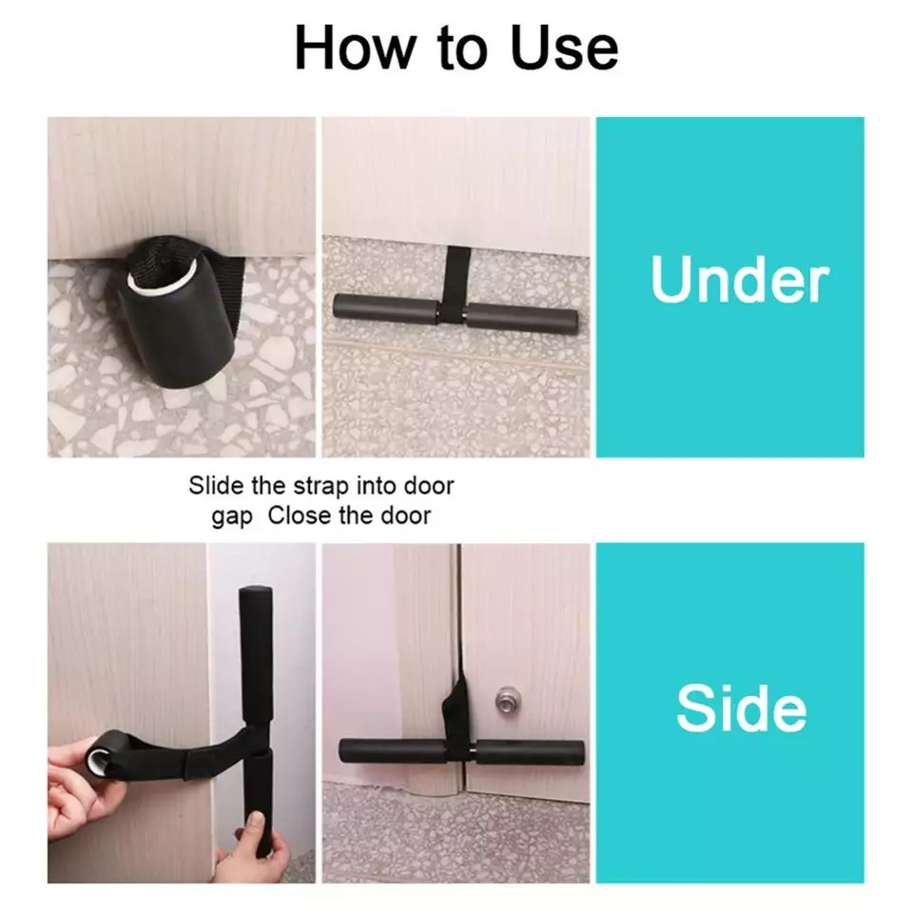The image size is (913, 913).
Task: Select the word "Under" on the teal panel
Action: (x=739, y=281)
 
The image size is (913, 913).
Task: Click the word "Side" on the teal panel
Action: (x=741, y=709)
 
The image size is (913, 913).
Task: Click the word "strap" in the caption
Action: (x=316, y=486)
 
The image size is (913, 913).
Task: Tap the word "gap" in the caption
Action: (x=232, y=516)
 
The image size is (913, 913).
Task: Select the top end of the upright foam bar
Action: (x=254, y=599)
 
